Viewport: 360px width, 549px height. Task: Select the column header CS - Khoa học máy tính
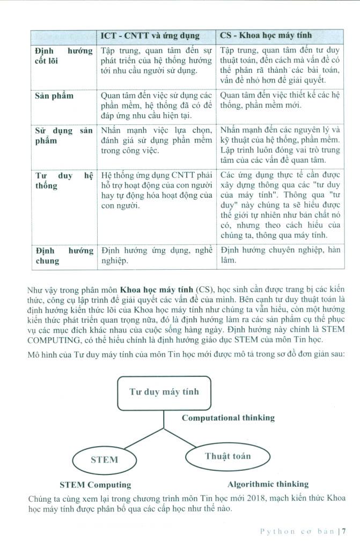267,36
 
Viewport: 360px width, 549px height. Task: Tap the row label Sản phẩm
54,95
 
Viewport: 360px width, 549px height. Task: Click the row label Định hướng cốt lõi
63,56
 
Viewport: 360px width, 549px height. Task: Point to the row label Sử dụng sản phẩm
63,136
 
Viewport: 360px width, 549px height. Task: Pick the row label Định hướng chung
63,255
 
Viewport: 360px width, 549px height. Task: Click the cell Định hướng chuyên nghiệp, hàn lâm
281,255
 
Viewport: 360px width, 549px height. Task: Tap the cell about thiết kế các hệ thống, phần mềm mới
281,100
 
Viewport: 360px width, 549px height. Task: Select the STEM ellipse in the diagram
104,459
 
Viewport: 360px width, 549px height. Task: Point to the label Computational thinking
228,418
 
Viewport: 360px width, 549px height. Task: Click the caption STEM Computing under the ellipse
95,485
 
